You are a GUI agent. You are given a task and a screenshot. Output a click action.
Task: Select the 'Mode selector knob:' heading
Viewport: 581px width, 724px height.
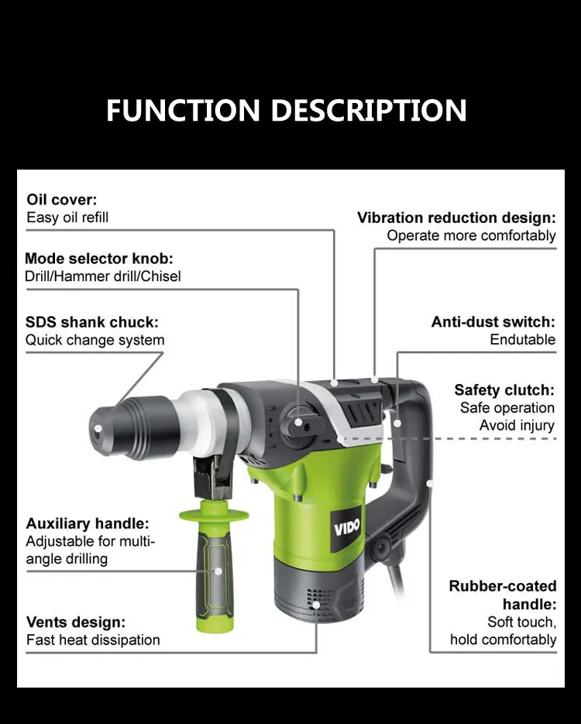click(x=99, y=259)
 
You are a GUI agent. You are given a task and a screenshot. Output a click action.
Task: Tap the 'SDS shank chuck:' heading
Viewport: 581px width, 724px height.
click(x=92, y=322)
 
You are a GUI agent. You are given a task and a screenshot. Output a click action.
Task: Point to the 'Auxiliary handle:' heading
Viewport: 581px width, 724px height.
click(x=88, y=523)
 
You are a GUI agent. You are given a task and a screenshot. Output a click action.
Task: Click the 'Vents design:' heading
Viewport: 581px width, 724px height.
click(x=76, y=622)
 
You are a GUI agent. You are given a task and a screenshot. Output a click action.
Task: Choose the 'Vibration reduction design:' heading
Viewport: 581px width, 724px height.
click(x=456, y=218)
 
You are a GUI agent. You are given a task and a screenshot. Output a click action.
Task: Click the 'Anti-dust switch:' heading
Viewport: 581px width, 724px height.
click(x=493, y=321)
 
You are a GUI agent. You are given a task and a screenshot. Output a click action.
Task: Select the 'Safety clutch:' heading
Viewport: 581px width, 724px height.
click(x=504, y=389)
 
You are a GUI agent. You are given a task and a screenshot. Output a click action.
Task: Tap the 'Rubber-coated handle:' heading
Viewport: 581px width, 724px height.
click(x=502, y=595)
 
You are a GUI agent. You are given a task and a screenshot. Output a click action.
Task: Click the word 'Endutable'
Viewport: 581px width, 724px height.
click(x=522, y=339)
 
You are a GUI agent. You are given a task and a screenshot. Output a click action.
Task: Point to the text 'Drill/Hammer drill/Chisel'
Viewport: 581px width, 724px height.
click(x=103, y=276)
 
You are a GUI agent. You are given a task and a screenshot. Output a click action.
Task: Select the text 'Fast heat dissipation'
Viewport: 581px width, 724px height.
click(x=93, y=640)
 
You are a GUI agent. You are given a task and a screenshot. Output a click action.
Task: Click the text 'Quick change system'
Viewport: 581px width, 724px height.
click(x=95, y=340)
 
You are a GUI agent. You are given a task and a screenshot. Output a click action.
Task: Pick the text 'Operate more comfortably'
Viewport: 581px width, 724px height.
click(x=471, y=235)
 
